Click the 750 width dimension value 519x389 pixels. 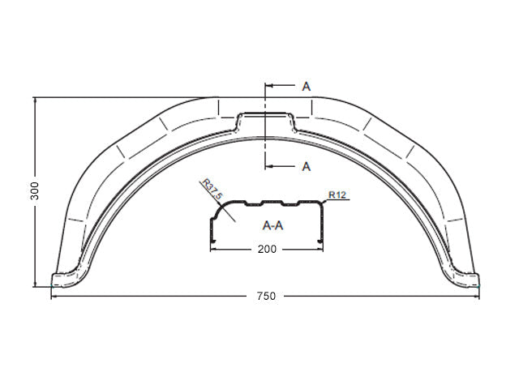266,296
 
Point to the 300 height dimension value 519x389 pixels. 34,191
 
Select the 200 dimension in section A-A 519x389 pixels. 267,249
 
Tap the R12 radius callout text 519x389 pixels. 337,194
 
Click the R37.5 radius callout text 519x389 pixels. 212,190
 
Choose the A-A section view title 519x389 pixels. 272,225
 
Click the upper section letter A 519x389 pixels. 307,87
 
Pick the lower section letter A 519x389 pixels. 307,166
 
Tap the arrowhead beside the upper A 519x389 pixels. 269,86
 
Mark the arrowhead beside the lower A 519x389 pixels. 269,166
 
